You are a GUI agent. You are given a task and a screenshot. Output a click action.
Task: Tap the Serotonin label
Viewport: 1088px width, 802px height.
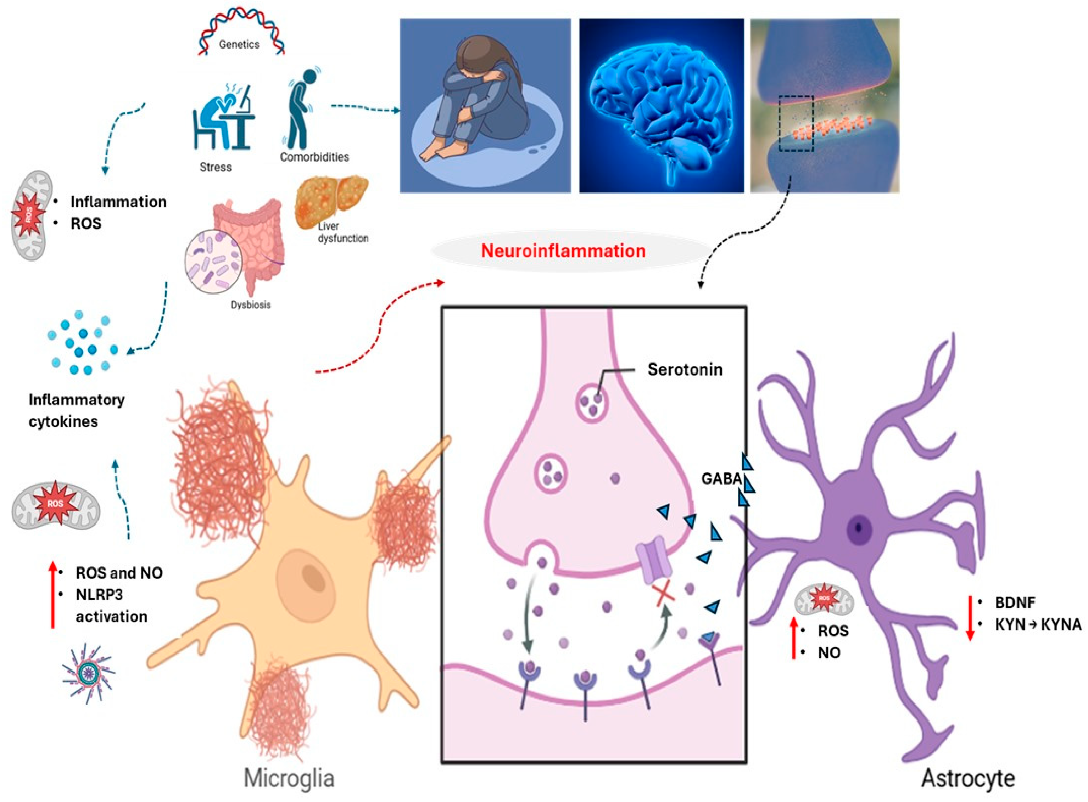pyautogui.click(x=685, y=369)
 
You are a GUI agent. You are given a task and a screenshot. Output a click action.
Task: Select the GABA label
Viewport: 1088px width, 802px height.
pyautogui.click(x=721, y=479)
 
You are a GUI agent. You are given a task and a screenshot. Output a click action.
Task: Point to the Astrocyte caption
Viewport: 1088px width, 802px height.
pyautogui.click(x=967, y=778)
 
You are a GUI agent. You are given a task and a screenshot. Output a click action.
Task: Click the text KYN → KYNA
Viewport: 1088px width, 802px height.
pyautogui.click(x=1038, y=624)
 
